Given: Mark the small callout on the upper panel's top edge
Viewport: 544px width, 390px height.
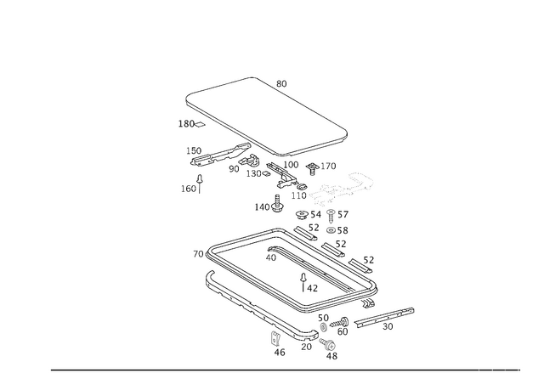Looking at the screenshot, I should click(281, 83).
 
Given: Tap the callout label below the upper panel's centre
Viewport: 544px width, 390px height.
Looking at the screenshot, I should click(269, 205).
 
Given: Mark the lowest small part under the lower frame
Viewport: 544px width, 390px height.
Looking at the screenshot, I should click(331, 355).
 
